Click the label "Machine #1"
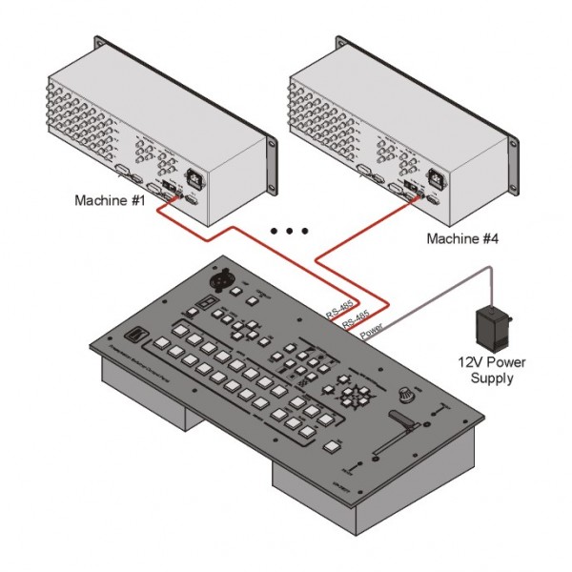109,201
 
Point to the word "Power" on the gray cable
374,332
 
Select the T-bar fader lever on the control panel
400,420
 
